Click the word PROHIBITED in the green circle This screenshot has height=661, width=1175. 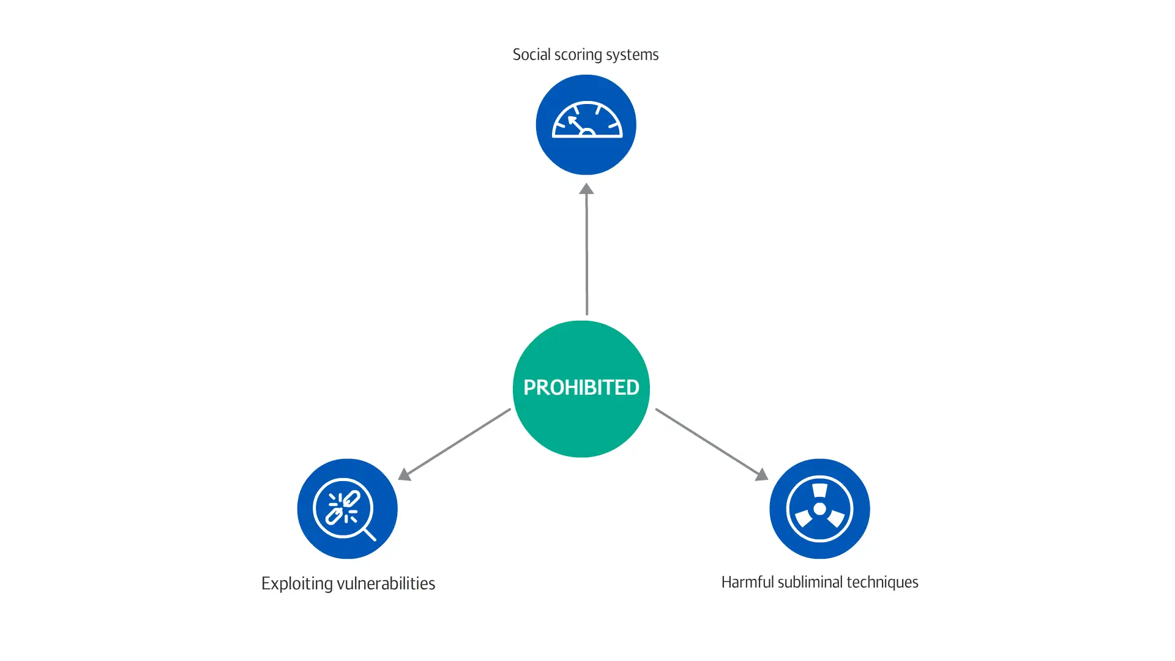tap(581, 387)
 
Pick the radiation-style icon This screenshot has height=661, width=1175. tap(819, 509)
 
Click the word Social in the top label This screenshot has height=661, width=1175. tap(531, 54)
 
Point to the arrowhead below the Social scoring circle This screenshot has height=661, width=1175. tap(586, 189)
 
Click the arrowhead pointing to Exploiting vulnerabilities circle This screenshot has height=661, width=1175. tap(404, 474)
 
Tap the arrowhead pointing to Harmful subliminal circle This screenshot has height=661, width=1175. tap(762, 474)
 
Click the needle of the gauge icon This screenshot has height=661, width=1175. tap(576, 124)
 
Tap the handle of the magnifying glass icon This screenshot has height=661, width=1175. tap(370, 534)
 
